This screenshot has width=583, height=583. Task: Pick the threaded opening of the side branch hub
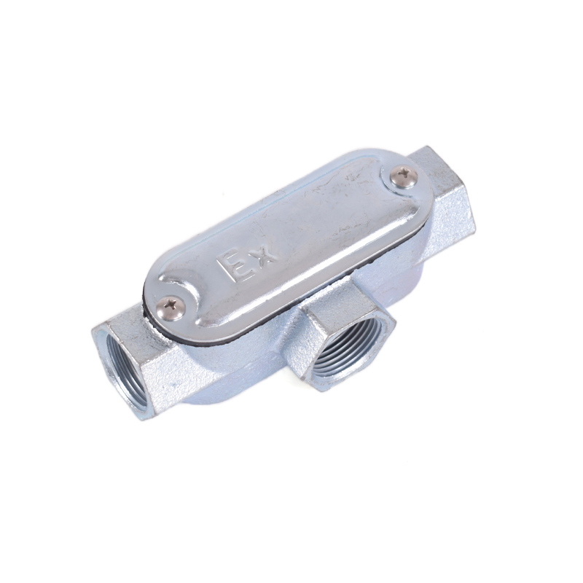[x=348, y=358]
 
